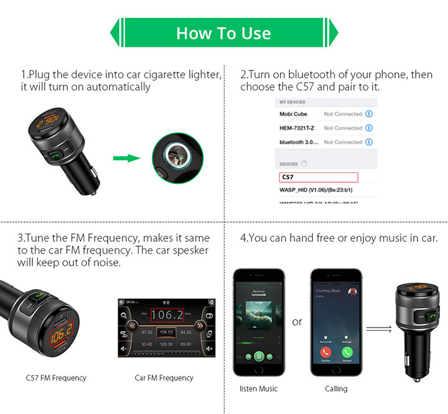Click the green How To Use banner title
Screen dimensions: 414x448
[x=223, y=33]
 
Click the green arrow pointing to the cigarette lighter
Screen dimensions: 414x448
[x=128, y=158]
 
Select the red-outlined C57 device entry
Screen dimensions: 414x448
[x=318, y=177]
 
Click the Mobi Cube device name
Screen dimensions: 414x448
[x=294, y=114]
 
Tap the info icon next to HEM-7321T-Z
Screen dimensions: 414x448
[x=369, y=128]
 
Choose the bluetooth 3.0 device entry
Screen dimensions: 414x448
[x=299, y=142]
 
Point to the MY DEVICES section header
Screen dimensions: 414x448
[x=292, y=102]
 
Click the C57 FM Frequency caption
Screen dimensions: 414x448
[x=56, y=377]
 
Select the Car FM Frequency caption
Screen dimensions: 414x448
[x=164, y=377]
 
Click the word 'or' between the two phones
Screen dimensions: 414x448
[x=297, y=322]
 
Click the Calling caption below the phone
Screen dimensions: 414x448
[x=336, y=389]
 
